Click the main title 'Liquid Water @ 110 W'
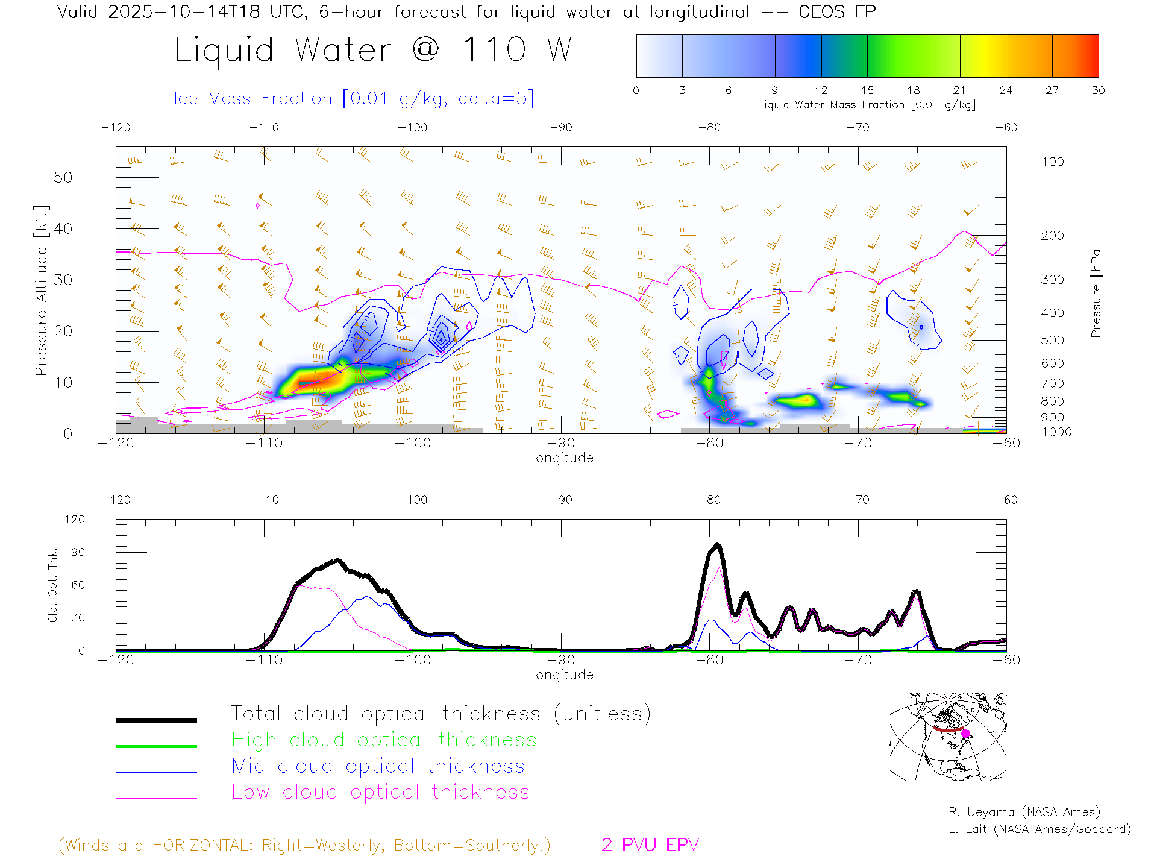point(372,49)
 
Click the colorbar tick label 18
point(914,90)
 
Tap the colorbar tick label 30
point(1098,90)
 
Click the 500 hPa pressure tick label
point(1052,340)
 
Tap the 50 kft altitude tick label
point(63,177)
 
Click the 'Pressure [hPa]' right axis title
point(1096,291)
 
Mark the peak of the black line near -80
point(717,545)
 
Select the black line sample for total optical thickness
point(156,720)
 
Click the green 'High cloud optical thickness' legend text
point(384,740)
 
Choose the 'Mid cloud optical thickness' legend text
point(378,766)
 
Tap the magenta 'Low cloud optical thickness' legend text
point(380,792)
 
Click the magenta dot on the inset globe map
point(965,734)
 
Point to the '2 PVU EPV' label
point(650,845)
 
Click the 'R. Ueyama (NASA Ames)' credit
point(1024,812)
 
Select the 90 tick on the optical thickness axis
point(78,552)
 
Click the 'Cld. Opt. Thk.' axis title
point(53,585)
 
